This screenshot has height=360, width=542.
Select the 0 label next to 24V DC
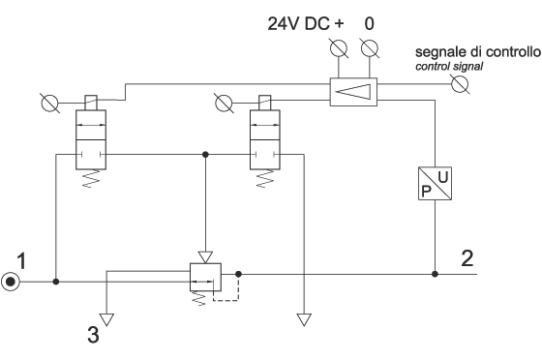[x=369, y=21]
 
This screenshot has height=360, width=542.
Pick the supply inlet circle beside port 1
[x=10, y=283]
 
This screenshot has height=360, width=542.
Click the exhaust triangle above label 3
[x=106, y=317]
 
